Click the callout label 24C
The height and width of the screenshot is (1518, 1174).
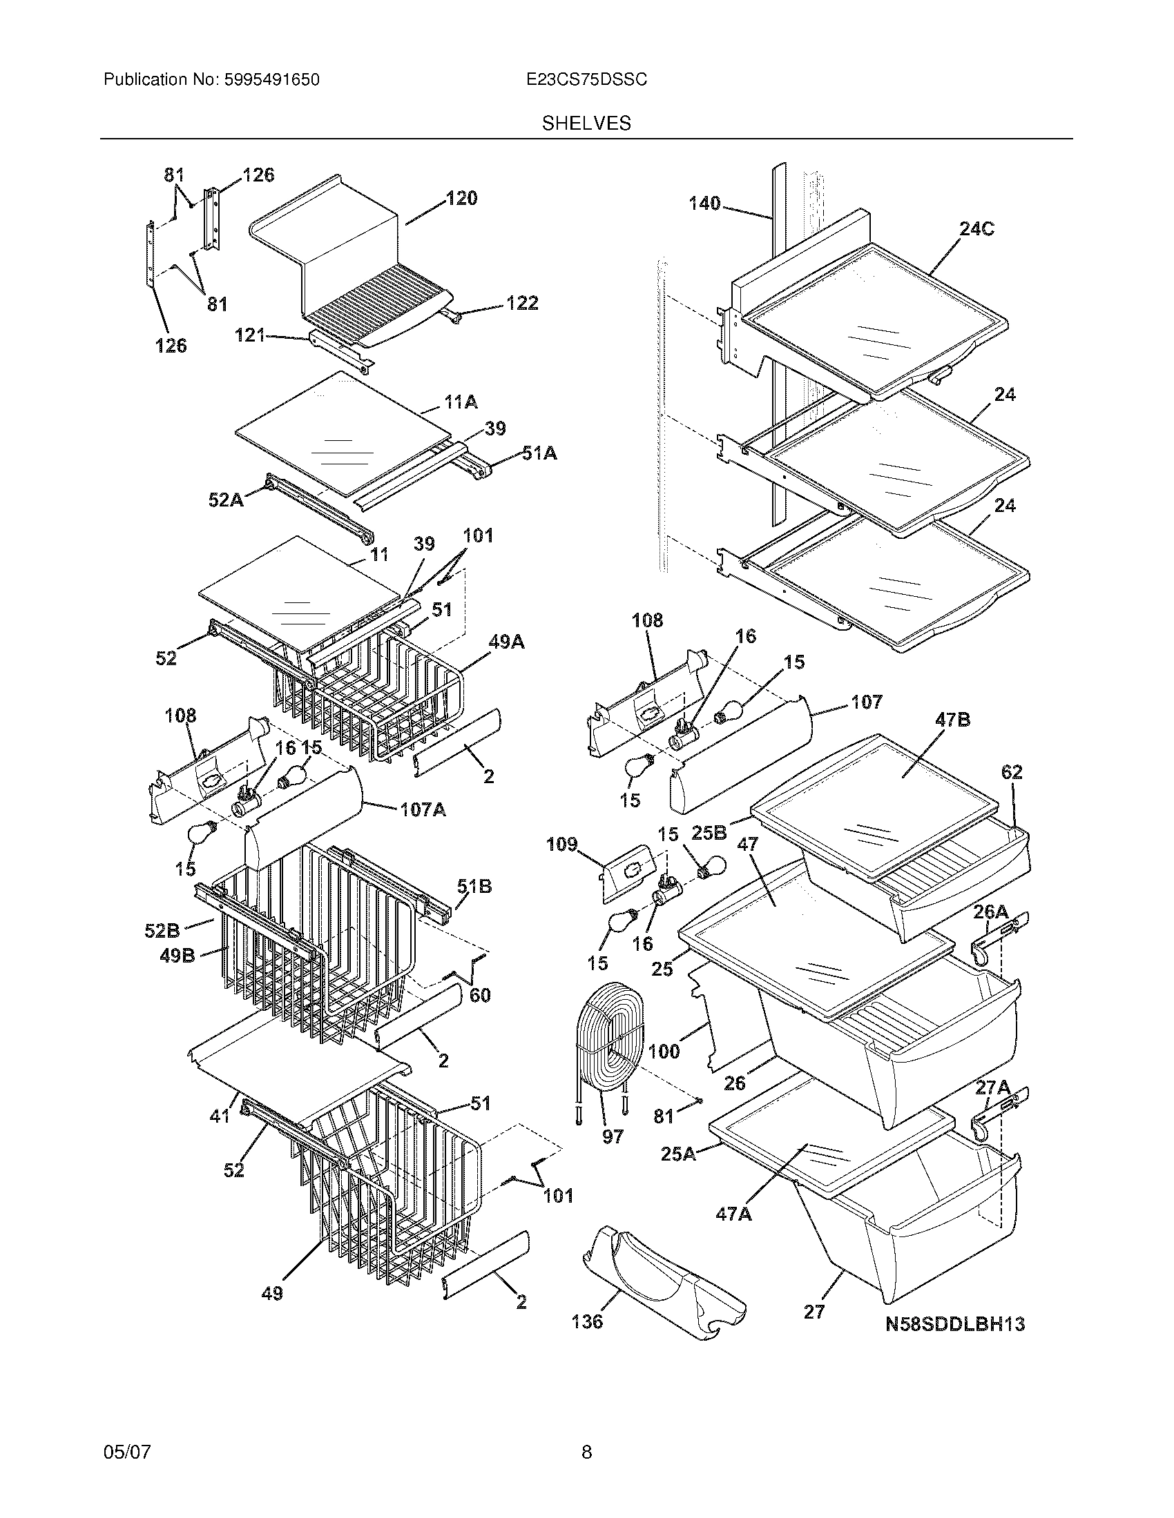(x=976, y=229)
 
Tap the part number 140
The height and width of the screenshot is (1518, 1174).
(x=704, y=204)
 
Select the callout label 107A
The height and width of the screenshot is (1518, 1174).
(x=423, y=810)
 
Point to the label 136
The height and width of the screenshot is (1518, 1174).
(x=587, y=1321)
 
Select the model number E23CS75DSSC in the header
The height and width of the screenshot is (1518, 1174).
(x=586, y=80)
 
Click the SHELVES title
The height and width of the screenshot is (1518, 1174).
(x=586, y=124)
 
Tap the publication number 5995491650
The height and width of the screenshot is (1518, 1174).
(x=272, y=80)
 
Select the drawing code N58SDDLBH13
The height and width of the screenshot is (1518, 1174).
(x=955, y=1324)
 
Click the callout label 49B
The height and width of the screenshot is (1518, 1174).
(x=177, y=956)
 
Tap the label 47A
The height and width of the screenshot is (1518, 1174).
(x=733, y=1214)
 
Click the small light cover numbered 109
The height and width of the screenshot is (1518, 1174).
(x=629, y=865)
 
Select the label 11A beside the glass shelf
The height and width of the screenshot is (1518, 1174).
(x=461, y=402)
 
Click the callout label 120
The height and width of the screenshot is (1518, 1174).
(x=461, y=199)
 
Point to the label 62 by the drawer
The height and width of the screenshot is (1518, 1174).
(x=1012, y=772)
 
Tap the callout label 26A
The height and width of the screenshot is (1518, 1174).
(x=990, y=911)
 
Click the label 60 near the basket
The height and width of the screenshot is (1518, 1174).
(x=480, y=995)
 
